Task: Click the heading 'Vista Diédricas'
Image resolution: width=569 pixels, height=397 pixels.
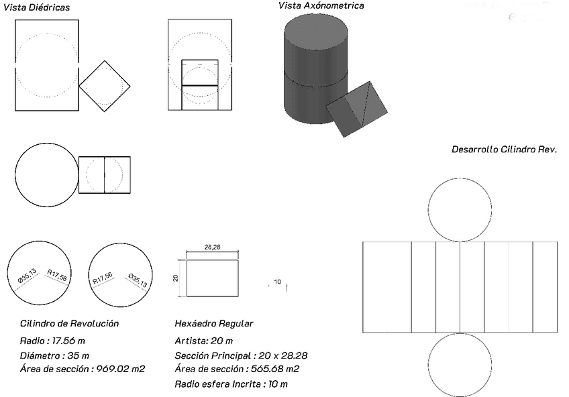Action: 37,7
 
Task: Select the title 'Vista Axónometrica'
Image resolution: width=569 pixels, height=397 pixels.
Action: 321,5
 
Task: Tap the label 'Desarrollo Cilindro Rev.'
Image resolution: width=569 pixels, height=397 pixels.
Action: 504,149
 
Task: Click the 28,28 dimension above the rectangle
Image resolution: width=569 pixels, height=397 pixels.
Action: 212,247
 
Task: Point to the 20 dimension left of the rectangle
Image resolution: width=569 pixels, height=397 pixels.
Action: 176,278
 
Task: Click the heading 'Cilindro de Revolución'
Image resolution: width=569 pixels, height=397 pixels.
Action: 70,323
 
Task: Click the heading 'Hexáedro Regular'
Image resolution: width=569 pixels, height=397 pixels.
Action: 214,323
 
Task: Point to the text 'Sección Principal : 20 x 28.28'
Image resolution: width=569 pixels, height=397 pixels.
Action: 241,355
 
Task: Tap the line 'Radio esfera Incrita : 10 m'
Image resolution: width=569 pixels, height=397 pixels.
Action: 231,384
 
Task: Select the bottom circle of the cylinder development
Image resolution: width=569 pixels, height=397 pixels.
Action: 460,366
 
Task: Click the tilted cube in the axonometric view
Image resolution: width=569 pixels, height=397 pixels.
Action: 357,109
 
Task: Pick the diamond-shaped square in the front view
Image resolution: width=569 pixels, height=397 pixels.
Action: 104,86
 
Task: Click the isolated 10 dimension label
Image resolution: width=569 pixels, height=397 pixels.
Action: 278,282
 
